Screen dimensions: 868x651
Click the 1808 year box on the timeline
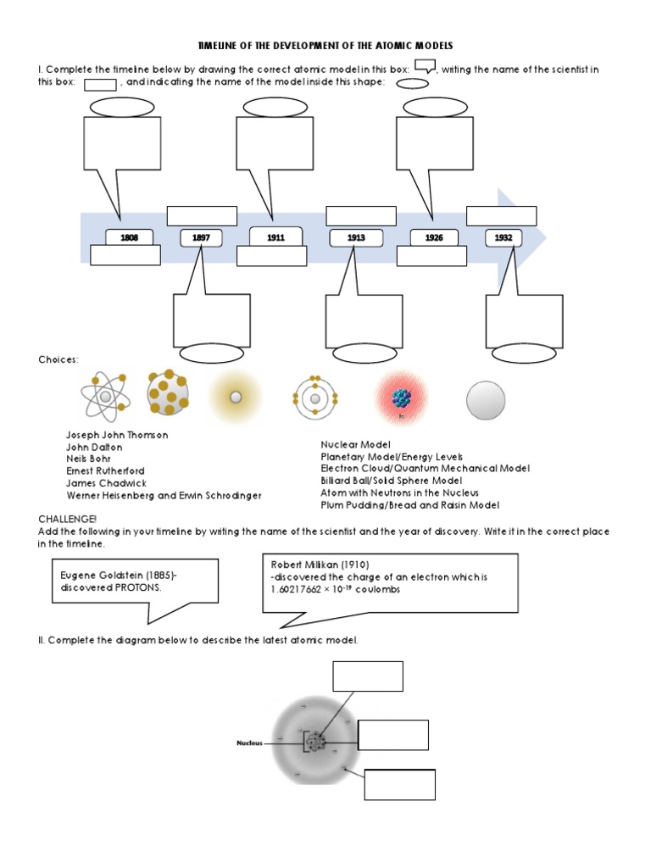pos(129,238)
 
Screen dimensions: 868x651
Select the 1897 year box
pos(201,238)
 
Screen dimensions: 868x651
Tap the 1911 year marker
pos(275,238)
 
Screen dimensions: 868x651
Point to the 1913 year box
pos(356,238)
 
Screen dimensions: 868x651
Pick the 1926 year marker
pos(434,238)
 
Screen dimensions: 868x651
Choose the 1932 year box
pos(504,238)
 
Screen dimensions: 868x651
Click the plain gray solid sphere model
pos(486,400)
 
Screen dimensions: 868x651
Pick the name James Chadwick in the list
pos(102,483)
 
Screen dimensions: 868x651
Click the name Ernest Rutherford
pos(105,471)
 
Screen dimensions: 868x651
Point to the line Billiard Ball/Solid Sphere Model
pos(391,481)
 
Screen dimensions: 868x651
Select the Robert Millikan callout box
pos(391,582)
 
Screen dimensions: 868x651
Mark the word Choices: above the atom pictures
pos(58,360)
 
